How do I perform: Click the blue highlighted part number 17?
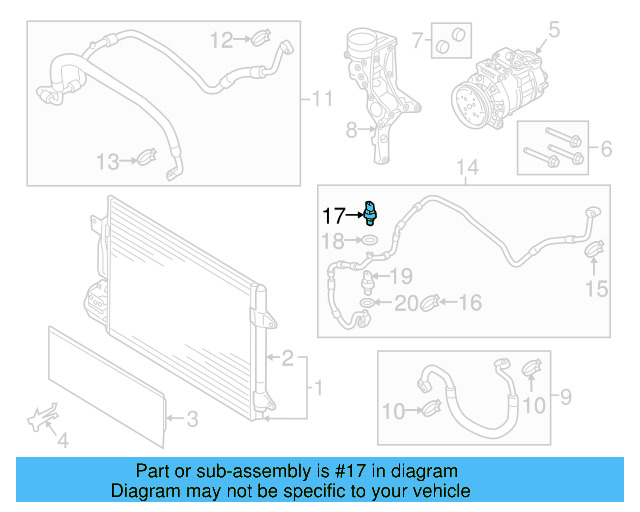(x=371, y=211)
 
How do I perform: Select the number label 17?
(x=332, y=214)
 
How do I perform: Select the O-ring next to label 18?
(x=370, y=241)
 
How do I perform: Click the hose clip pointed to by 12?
(x=258, y=40)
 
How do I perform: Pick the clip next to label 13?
(x=146, y=157)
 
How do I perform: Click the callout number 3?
(x=195, y=418)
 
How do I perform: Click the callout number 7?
(x=418, y=42)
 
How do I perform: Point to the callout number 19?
(x=400, y=276)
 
